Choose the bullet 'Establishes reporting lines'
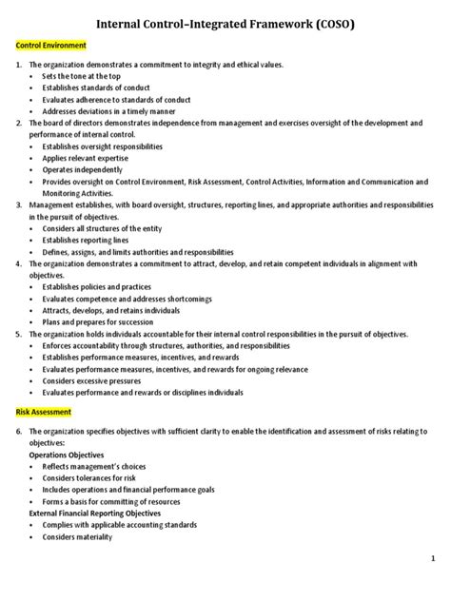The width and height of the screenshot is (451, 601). [x=83, y=241]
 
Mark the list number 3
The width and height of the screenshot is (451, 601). [x=18, y=204]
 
